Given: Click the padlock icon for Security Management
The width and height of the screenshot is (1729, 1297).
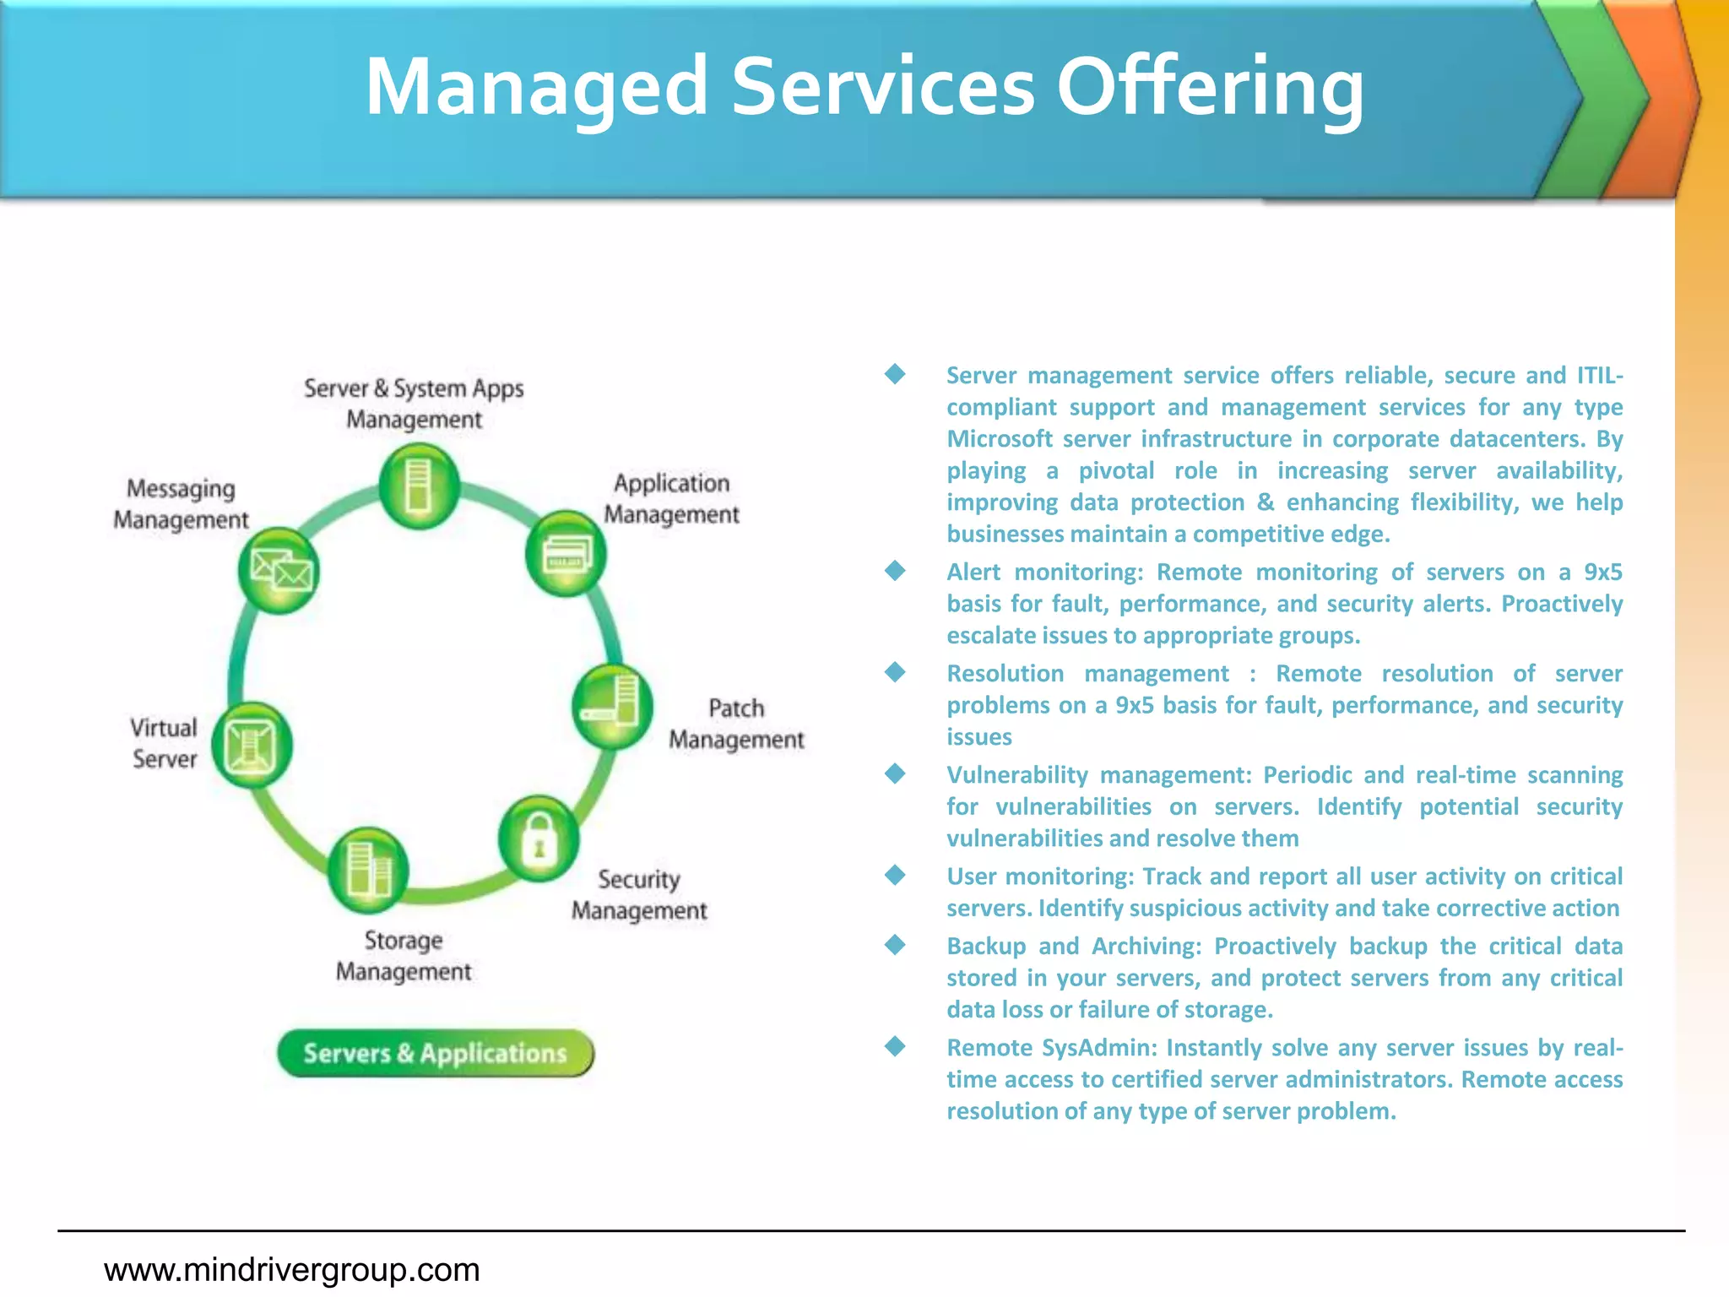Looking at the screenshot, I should coord(539,838).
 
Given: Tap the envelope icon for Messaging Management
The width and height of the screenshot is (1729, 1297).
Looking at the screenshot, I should coord(279,571).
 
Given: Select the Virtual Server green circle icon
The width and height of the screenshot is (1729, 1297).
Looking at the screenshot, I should coord(252,746).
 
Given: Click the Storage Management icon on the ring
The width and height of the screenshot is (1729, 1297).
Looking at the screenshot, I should coord(368,870).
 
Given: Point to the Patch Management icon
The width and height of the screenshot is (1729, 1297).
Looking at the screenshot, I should coord(612,707).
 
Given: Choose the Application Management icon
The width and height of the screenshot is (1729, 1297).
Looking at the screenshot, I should coord(566,554).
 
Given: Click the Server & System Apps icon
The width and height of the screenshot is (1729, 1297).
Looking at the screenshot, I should coord(419,486).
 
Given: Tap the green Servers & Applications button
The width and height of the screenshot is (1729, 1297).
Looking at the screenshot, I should coord(436,1053).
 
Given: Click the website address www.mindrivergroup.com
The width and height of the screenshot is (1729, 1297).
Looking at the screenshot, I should coord(292,1269).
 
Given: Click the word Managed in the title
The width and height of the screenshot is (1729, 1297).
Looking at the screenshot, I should coord(536,87).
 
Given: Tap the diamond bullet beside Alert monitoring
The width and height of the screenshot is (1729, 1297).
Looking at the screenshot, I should coord(895,572).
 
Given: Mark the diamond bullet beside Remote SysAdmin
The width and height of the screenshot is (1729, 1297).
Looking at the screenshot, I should coord(895,1047).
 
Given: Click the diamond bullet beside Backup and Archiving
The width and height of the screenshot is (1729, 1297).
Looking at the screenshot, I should coord(895,946).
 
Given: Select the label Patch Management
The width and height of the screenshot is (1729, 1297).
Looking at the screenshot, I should coord(736,724).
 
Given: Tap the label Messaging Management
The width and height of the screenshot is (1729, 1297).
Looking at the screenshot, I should coord(181,504).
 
